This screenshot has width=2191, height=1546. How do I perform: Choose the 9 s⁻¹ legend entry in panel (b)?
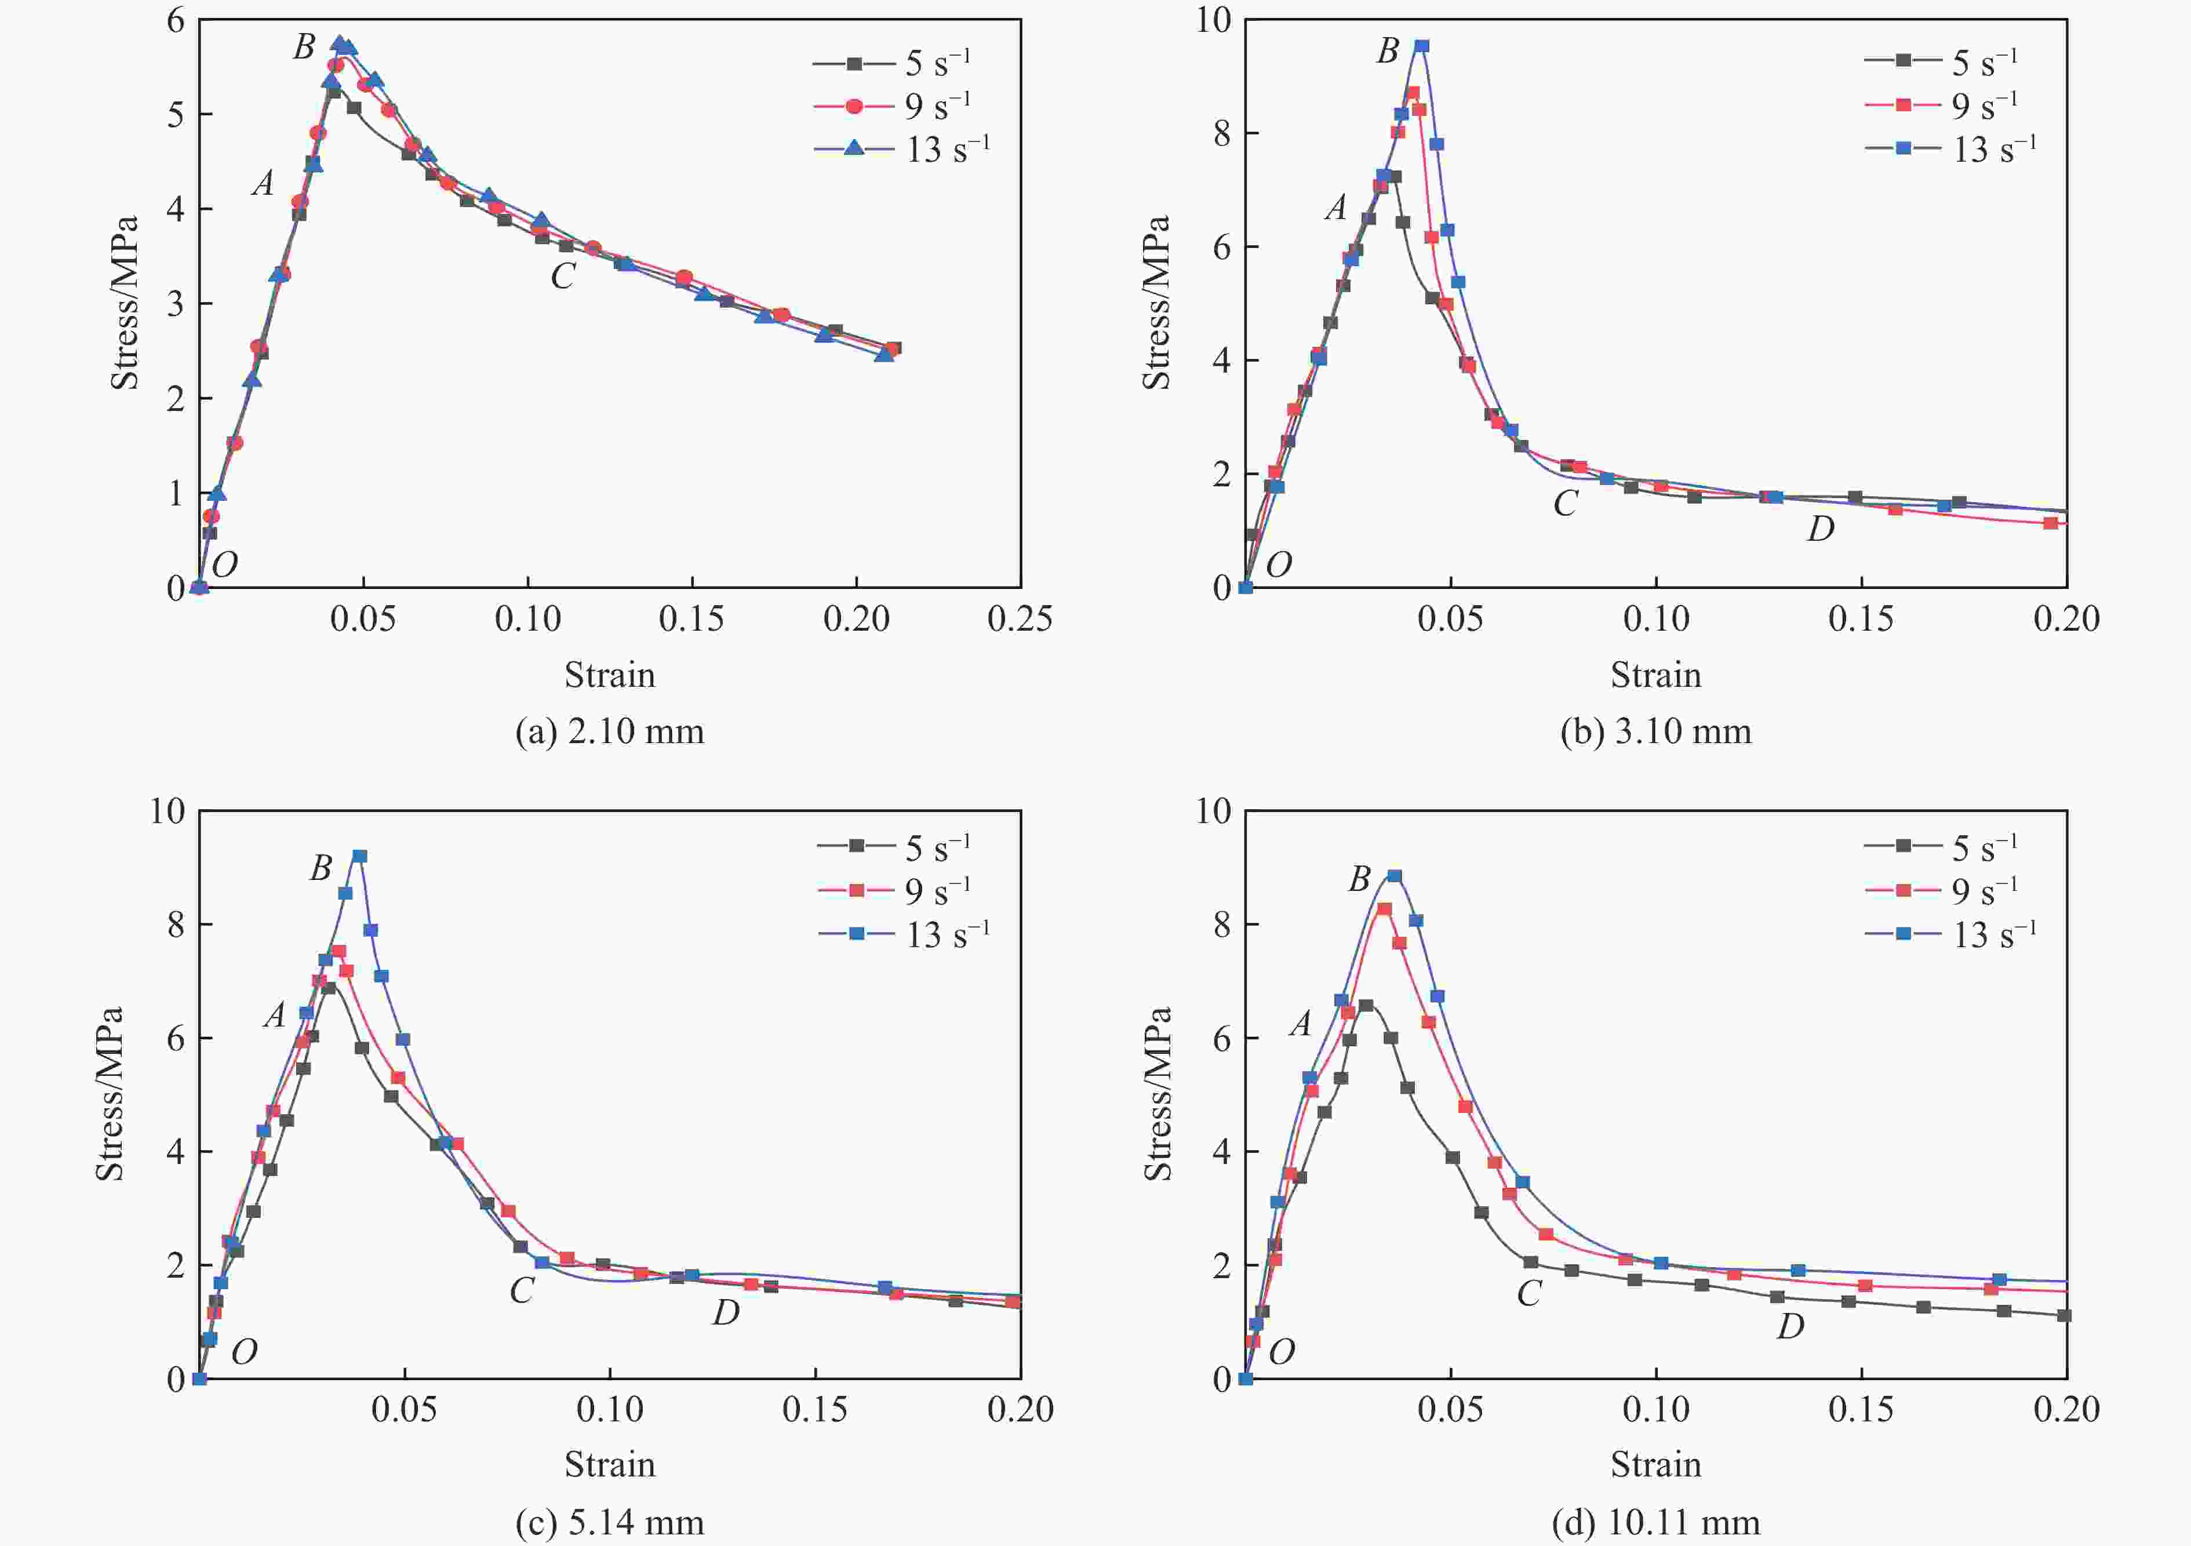1942,105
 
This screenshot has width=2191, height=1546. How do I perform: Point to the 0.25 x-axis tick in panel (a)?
1019,619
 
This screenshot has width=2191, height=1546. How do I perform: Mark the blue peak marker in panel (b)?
1422,46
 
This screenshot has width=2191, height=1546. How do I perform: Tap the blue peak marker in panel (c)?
360,856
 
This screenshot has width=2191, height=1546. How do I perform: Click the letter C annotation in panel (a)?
562,277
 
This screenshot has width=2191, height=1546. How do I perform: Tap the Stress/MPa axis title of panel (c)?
109,1094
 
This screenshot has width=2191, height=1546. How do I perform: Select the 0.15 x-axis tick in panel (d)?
1861,1410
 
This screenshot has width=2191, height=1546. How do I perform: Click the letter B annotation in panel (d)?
1359,879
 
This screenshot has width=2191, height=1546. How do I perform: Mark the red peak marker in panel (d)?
1384,908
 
